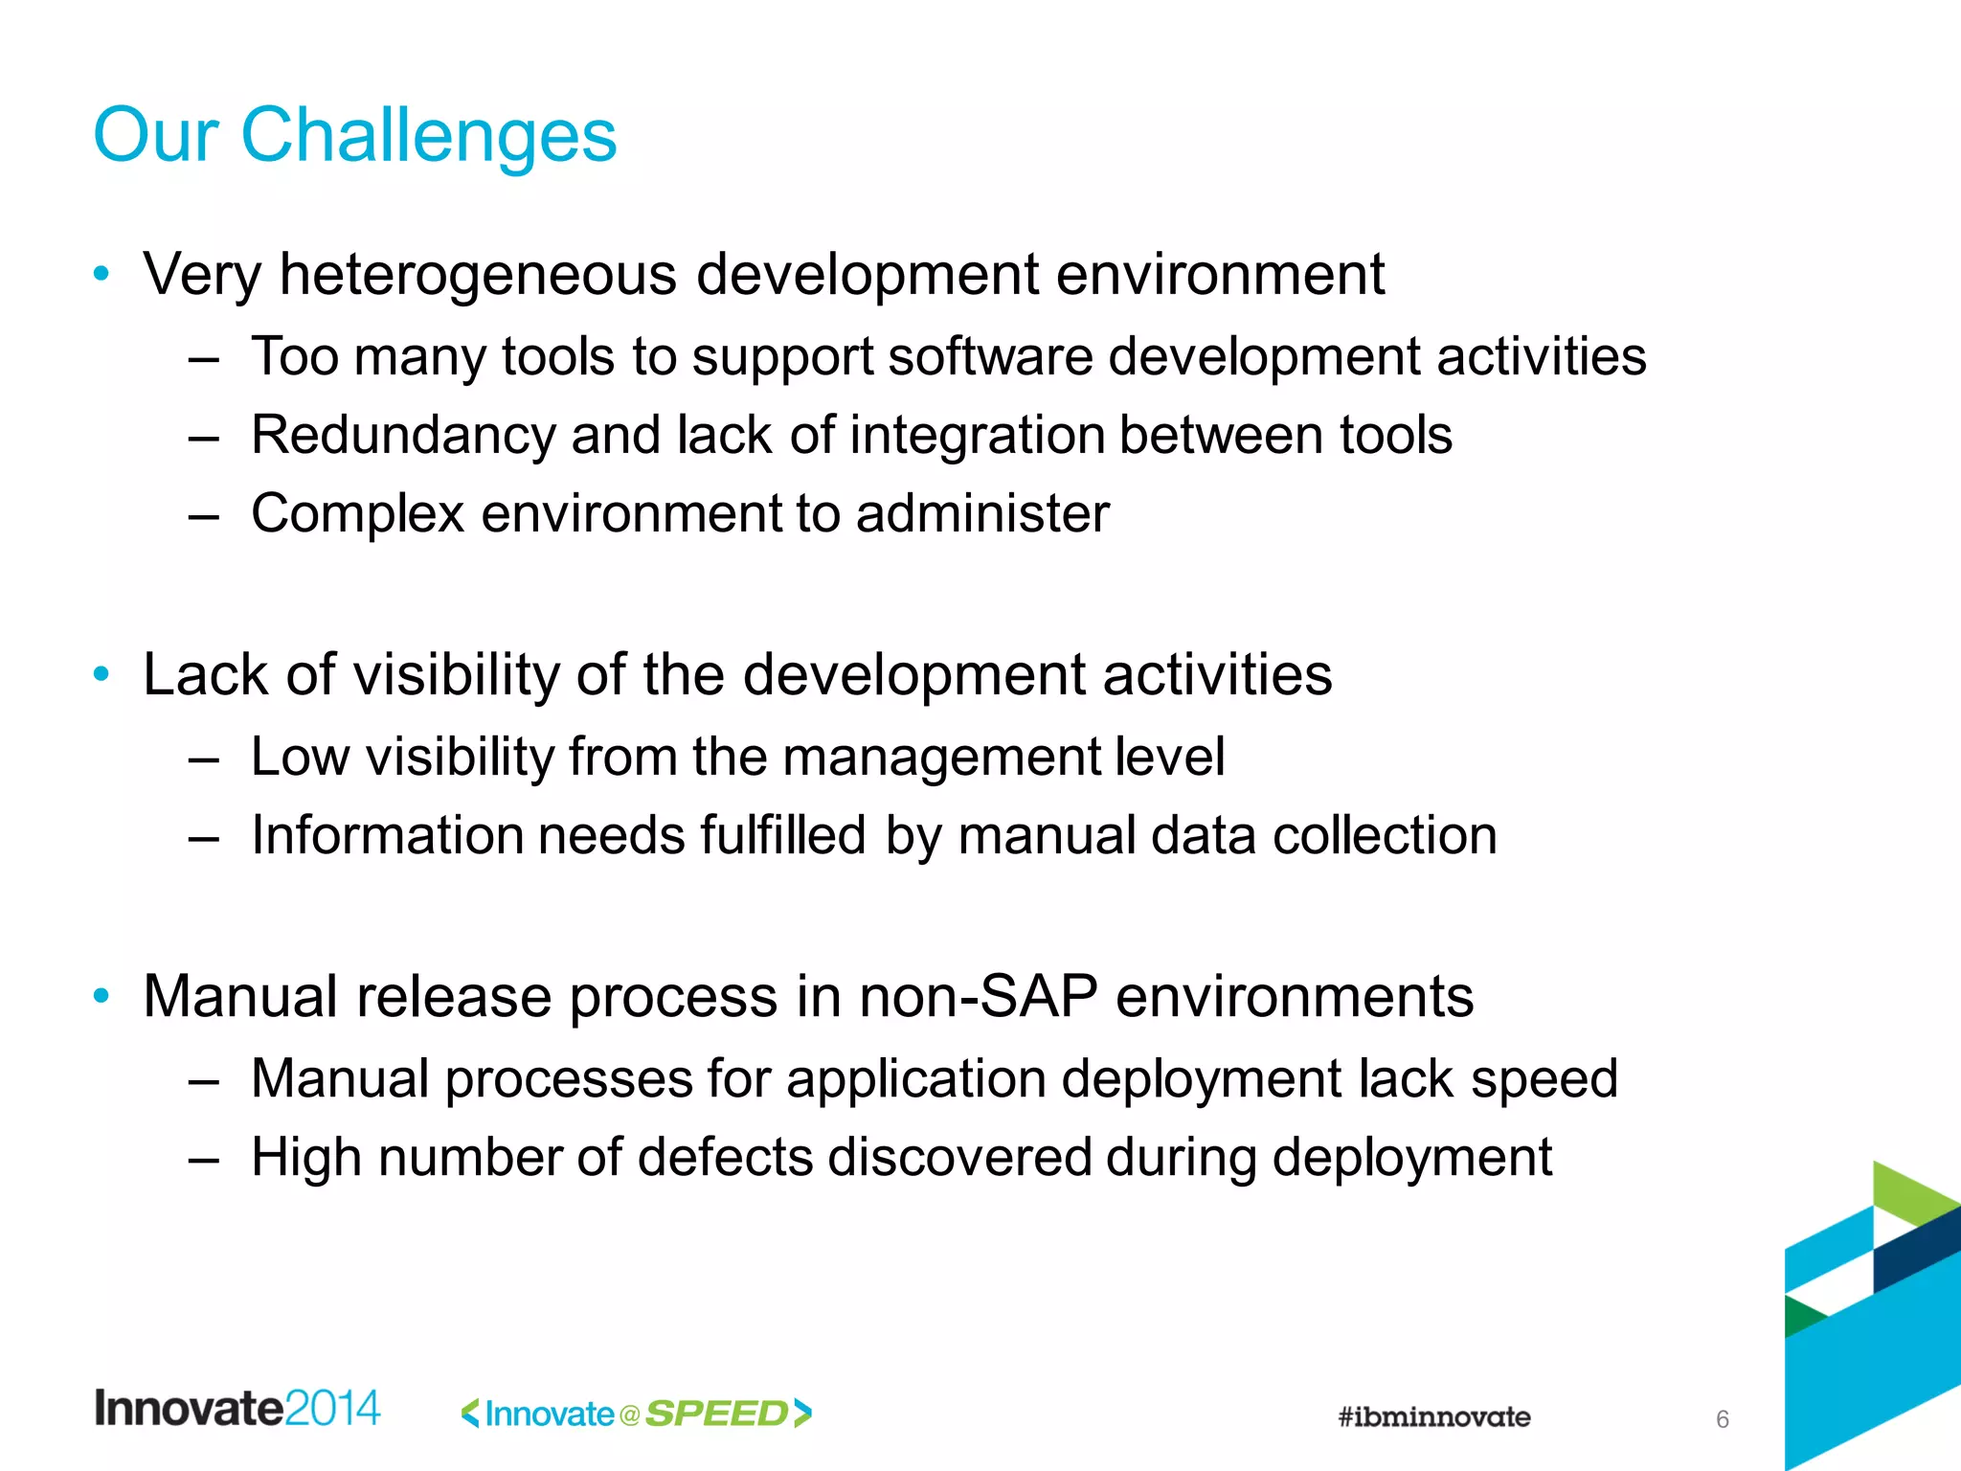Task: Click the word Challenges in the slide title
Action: [428, 136]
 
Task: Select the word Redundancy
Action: [402, 436]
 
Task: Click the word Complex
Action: [357, 514]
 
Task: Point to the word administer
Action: [982, 514]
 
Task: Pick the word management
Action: [941, 758]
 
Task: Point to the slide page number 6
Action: [1722, 1419]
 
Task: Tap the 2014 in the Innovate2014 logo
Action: [332, 1409]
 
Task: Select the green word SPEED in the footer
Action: [716, 1414]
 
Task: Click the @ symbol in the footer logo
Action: [629, 1415]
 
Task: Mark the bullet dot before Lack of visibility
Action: [101, 674]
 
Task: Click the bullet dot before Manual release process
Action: [101, 996]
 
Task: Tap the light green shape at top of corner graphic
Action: [1910, 1192]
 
